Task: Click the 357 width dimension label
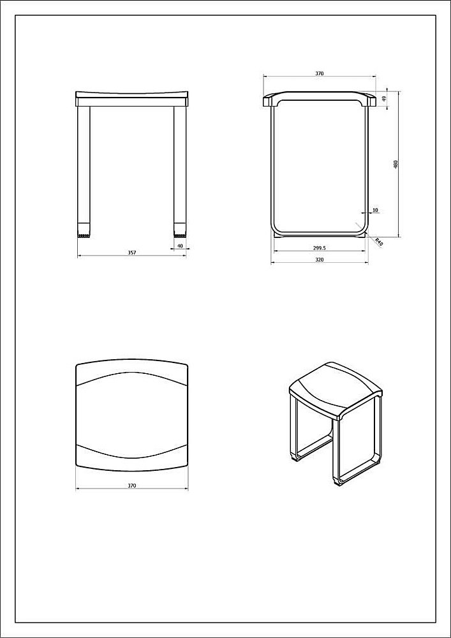132,253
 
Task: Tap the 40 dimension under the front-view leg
179,246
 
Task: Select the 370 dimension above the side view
319,73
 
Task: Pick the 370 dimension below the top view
132,486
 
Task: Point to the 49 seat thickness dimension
384,99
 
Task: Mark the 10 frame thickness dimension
375,210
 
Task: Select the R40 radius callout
378,242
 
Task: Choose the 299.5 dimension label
319,248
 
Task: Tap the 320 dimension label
319,260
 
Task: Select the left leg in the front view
84,172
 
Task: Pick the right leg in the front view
180,172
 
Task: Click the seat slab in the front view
132,99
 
